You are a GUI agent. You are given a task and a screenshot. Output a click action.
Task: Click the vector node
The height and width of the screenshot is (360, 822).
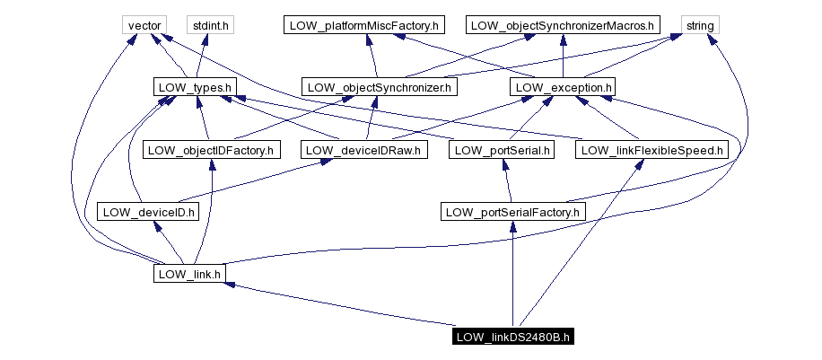click(x=144, y=25)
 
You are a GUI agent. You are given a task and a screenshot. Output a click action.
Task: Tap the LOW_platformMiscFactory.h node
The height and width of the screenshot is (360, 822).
click(x=363, y=25)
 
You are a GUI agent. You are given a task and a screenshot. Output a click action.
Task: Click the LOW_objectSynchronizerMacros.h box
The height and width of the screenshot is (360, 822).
click(x=563, y=25)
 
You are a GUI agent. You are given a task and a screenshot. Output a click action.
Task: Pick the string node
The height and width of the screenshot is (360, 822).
click(x=699, y=25)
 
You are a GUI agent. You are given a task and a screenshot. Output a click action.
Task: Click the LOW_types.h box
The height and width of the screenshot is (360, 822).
click(x=195, y=88)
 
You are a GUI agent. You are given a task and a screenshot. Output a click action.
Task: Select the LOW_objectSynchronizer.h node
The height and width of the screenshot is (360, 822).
click(x=380, y=88)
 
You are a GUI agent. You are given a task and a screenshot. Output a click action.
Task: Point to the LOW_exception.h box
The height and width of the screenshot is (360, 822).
click(x=563, y=88)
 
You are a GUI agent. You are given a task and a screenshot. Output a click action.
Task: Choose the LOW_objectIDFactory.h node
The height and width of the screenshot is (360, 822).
click(x=211, y=150)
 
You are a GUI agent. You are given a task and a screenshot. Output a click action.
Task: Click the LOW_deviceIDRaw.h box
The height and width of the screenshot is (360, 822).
click(x=364, y=150)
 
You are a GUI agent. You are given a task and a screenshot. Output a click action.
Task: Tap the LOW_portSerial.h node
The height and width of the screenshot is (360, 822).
click(x=503, y=150)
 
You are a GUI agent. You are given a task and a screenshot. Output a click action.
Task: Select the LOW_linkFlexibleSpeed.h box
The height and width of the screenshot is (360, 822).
click(x=651, y=150)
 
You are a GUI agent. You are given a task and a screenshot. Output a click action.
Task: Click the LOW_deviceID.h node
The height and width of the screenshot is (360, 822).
click(x=147, y=212)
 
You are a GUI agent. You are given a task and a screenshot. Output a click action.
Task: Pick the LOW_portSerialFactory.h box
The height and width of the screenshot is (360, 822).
click(x=513, y=212)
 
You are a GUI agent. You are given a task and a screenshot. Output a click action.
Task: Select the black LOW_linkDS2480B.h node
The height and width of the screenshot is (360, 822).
click(x=513, y=337)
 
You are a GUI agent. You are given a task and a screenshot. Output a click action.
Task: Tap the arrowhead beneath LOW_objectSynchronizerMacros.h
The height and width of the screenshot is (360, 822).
click(x=563, y=39)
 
